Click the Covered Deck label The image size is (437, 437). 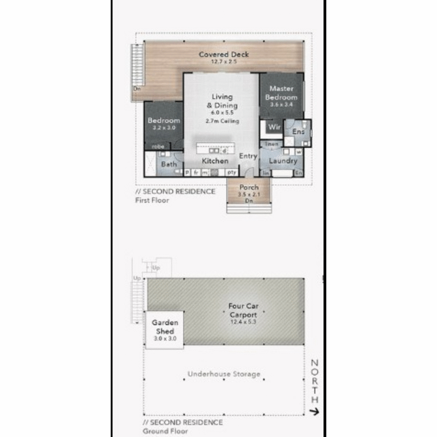224,55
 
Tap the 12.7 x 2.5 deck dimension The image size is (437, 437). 224,62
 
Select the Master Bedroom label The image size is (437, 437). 281,93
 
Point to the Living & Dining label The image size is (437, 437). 222,101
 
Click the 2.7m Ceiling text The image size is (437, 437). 222,121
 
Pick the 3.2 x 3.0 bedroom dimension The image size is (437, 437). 164,128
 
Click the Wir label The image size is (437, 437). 274,127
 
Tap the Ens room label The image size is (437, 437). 298,131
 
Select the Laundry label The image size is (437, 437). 283,161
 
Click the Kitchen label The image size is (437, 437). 215,161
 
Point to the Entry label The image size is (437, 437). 248,156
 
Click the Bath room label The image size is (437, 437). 169,164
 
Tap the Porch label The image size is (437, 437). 249,187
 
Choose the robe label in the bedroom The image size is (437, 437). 158,146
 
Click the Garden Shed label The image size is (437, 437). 165,327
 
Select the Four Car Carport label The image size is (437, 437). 243,310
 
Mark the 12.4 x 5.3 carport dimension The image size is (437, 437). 243,322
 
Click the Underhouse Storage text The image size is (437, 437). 224,374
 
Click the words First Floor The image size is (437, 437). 152,200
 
